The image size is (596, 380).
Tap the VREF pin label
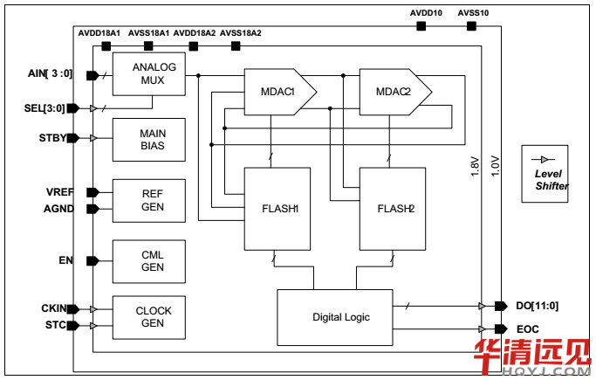point(59,191)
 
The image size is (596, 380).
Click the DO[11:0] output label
point(536,306)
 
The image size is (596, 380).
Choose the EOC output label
point(527,328)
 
